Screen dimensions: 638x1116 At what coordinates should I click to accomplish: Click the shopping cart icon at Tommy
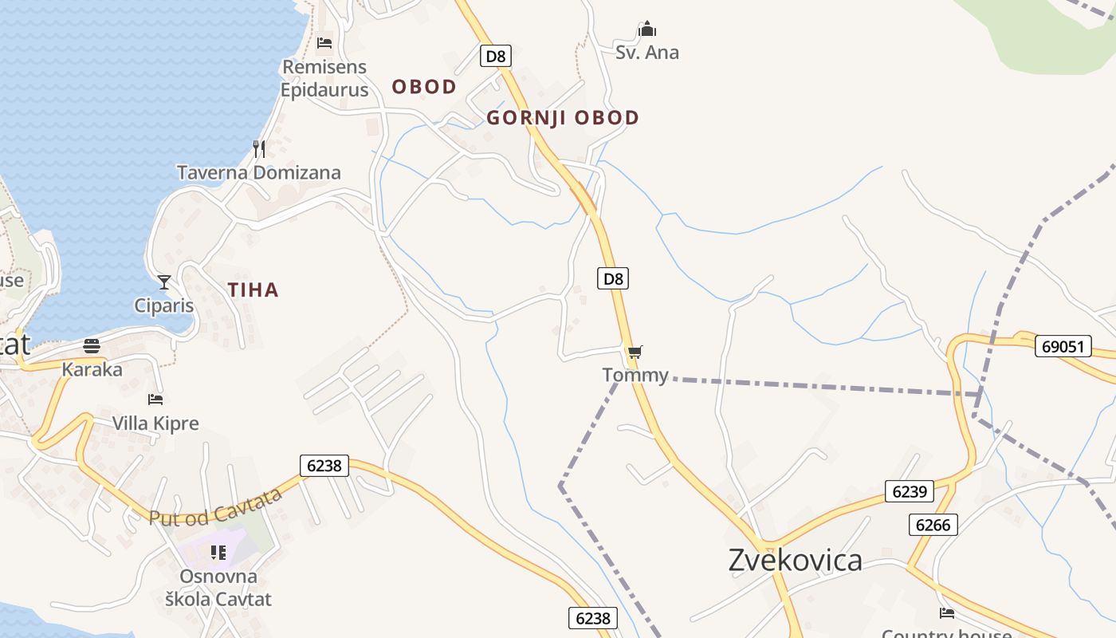pos(635,352)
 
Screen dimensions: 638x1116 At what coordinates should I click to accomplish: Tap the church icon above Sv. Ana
pos(647,30)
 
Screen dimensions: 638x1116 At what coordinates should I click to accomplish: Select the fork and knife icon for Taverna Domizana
pos(259,149)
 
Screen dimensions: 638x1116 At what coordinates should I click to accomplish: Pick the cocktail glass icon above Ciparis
pos(164,282)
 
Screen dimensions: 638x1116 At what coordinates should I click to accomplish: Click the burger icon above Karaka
pos(92,346)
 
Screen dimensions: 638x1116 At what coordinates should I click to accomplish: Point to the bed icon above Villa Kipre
pos(155,399)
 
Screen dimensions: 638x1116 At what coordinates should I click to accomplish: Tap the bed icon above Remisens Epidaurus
pos(324,42)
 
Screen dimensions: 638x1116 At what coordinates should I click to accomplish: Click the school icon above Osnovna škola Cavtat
pos(218,552)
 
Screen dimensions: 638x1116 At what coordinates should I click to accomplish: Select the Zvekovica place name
pos(795,560)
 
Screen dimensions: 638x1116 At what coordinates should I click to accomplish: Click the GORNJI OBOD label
pos(563,118)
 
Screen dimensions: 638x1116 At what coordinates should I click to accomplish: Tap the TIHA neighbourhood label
pos(253,289)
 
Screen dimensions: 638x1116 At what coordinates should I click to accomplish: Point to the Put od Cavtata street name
pos(216,507)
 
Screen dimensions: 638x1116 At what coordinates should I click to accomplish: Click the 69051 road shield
pos(1063,346)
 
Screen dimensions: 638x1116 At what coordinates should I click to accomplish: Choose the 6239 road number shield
pos(909,491)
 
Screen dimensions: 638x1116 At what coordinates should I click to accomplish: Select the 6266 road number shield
pos(933,524)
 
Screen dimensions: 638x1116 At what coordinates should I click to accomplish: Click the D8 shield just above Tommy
pos(613,278)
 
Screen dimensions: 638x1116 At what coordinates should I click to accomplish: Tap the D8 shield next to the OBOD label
pos(496,56)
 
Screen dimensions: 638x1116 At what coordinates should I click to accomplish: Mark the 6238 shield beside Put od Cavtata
pos(324,465)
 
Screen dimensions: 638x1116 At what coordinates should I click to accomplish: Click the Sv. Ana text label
pos(647,53)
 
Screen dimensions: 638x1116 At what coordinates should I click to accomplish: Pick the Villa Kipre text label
pos(155,423)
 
